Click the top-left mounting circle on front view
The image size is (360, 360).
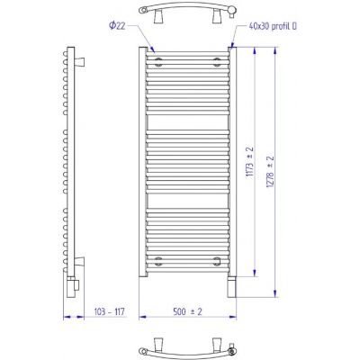pyautogui.click(x=159, y=63)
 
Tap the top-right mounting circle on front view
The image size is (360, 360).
pyautogui.click(x=216, y=63)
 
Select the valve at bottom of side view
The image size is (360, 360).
pyautogui.click(x=73, y=287)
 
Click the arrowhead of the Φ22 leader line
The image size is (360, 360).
pyautogui.click(x=159, y=50)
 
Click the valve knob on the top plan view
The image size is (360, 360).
pyautogui.click(x=233, y=11)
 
